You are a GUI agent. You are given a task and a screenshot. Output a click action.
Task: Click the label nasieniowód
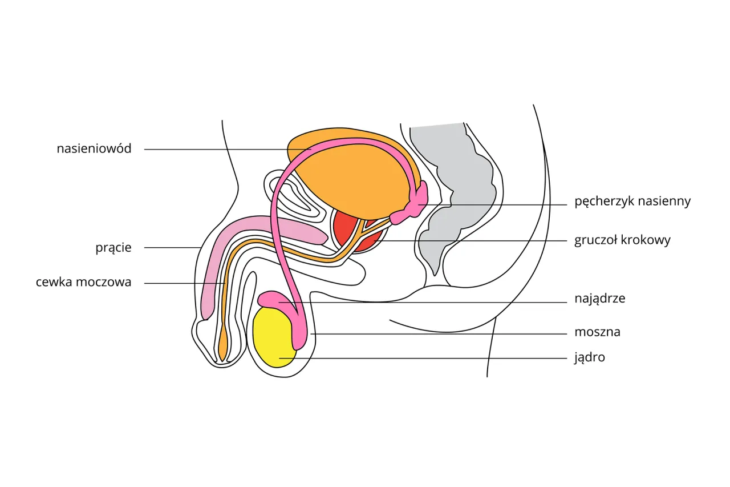click(94, 149)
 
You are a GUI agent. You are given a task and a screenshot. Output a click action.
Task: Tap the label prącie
click(113, 248)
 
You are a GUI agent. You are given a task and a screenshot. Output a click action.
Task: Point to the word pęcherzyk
click(604, 202)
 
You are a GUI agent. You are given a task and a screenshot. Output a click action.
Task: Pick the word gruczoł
click(595, 240)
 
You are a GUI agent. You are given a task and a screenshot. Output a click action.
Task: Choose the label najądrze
click(600, 299)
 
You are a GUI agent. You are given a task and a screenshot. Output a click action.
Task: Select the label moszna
click(597, 332)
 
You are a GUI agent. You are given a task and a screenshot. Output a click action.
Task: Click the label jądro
click(590, 358)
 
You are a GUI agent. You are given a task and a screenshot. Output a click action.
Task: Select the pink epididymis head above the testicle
click(273, 299)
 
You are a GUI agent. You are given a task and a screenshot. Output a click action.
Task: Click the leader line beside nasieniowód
click(217, 150)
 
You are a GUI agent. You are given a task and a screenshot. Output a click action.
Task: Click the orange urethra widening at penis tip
click(222, 345)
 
